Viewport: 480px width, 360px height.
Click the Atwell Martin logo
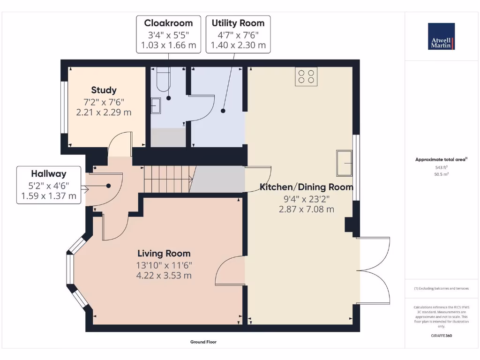pyautogui.click(x=441, y=36)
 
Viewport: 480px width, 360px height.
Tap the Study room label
pyautogui.click(x=104, y=90)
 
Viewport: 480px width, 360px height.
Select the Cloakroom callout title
pyautogui.click(x=168, y=23)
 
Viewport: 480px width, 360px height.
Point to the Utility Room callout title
pyautogui.click(x=238, y=23)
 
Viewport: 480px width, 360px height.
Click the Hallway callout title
pyautogui.click(x=49, y=173)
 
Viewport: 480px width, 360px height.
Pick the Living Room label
pyautogui.click(x=164, y=253)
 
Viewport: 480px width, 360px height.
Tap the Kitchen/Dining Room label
pyautogui.click(x=307, y=187)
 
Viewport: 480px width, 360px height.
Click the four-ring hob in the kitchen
pyautogui.click(x=306, y=76)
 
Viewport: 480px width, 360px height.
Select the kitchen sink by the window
pyautogui.click(x=345, y=163)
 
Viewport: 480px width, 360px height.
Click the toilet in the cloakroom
pyautogui.click(x=163, y=79)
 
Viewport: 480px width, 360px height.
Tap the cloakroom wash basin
pyautogui.click(x=156, y=105)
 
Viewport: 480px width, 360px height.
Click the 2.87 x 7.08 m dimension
pyautogui.click(x=307, y=210)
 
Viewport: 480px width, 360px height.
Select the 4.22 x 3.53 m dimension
pyautogui.click(x=164, y=276)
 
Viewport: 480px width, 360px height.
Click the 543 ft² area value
pyautogui.click(x=441, y=167)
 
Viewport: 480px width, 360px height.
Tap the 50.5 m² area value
pyautogui.click(x=441, y=174)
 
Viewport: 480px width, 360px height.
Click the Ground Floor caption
pyautogui.click(x=203, y=342)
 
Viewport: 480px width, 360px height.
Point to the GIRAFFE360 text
pyautogui.click(x=441, y=336)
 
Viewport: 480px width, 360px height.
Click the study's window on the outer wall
pyautogui.click(x=64, y=107)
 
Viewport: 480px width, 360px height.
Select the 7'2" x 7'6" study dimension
pyautogui.click(x=104, y=102)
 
